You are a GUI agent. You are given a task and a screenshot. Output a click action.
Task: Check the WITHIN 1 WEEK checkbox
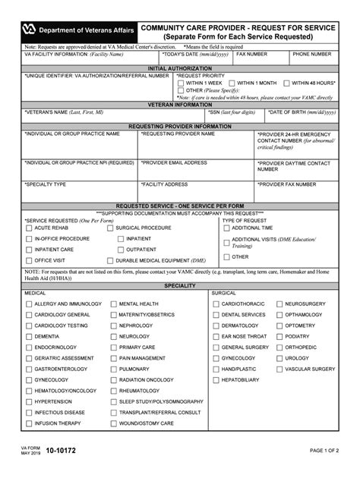[x=181, y=83]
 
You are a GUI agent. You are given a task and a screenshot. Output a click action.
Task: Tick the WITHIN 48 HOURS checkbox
[x=286, y=83]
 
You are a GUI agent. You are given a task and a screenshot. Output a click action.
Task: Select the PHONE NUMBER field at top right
[x=312, y=60]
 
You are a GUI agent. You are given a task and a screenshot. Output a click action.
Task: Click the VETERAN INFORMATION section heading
[x=179, y=104]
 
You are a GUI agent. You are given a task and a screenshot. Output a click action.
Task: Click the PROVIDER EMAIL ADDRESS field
[x=197, y=168]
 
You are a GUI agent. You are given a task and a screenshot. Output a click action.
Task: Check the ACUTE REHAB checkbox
[x=28, y=228]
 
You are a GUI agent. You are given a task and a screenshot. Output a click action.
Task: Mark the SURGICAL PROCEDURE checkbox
[x=109, y=228]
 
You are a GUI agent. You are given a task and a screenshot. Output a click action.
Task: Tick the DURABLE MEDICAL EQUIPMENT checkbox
[x=109, y=260]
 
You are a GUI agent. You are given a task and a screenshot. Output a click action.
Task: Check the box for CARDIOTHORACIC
[x=215, y=303]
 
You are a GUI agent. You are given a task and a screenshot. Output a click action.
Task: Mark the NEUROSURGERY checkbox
[x=279, y=303]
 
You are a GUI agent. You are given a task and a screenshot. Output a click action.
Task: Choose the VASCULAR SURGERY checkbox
[x=279, y=369]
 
